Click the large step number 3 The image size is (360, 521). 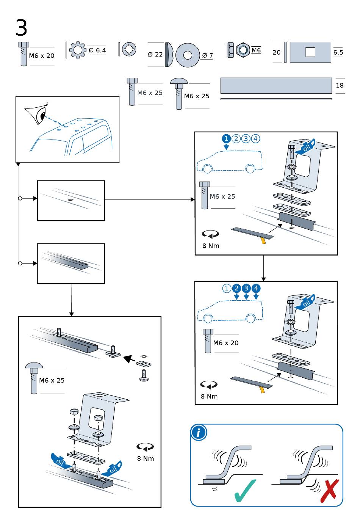21,28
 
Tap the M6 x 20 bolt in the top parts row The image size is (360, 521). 23,54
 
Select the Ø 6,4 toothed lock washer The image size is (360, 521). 78,50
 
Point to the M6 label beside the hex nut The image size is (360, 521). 256,50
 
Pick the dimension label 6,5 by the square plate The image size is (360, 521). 338,52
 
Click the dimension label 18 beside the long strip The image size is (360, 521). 340,85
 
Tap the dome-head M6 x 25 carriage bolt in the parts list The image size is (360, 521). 178,93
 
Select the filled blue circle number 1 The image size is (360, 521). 226,138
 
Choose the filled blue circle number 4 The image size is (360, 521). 256,288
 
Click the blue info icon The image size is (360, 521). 199,433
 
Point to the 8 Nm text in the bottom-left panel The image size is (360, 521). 146,458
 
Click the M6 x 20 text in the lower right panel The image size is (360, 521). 226,343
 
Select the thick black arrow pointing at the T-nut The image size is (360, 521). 129,358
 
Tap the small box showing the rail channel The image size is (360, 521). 71,264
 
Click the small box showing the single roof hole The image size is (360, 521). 71,201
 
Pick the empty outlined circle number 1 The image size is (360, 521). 227,288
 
